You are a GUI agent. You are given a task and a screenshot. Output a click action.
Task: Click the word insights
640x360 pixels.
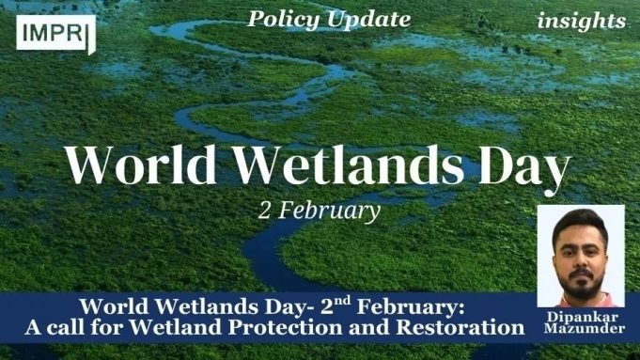pos(581,21)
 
